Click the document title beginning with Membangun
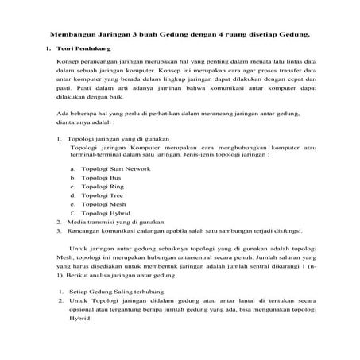(x=179, y=36)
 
